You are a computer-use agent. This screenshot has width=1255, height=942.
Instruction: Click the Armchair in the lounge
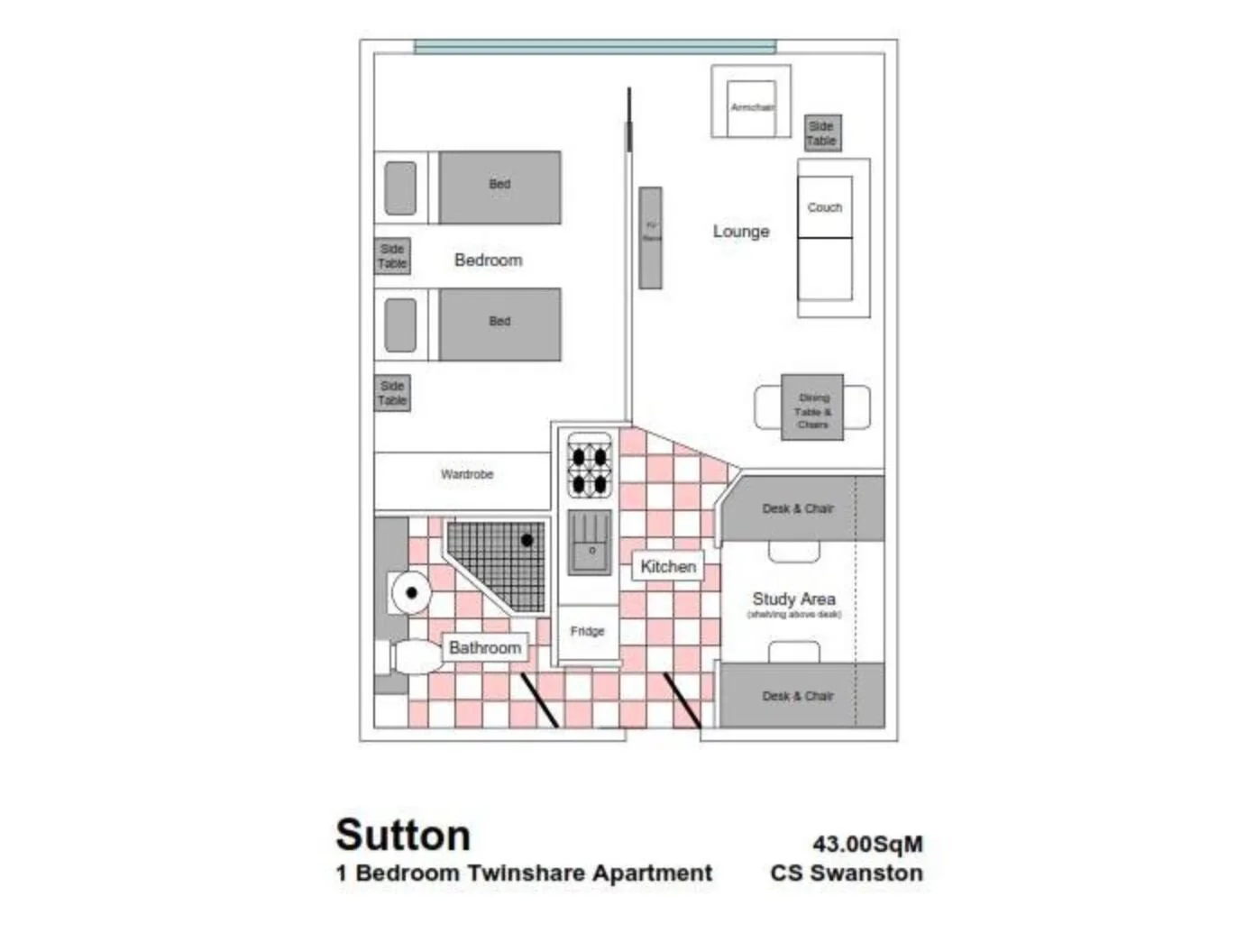point(751,106)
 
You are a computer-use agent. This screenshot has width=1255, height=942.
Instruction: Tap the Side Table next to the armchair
point(821,133)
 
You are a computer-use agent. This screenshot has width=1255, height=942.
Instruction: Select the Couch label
point(824,207)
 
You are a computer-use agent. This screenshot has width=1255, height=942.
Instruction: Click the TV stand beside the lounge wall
point(650,238)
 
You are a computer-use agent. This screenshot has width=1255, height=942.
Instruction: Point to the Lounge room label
point(741,232)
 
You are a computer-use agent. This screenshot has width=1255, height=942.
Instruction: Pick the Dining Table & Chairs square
point(812,408)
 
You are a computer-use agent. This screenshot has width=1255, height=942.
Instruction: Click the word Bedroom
point(488,260)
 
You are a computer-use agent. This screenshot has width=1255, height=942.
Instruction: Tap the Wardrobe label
point(467,474)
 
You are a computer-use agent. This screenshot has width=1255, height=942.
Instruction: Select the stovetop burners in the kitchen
point(590,465)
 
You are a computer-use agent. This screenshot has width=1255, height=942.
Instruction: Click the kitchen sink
point(590,542)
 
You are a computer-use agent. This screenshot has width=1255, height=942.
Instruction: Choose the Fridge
point(587,631)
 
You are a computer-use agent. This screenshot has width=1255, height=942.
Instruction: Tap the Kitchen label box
point(667,566)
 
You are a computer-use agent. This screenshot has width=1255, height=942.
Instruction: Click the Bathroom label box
point(485,647)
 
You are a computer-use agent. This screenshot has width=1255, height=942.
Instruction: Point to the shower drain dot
point(527,540)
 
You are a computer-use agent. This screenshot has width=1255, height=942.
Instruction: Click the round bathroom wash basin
point(411,592)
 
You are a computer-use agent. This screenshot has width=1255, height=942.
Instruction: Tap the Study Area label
point(793,599)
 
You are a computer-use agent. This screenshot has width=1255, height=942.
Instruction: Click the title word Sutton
point(403,835)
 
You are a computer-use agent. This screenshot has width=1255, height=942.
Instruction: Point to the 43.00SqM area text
point(867,844)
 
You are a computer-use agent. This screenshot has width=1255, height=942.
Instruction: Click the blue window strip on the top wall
point(594,47)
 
